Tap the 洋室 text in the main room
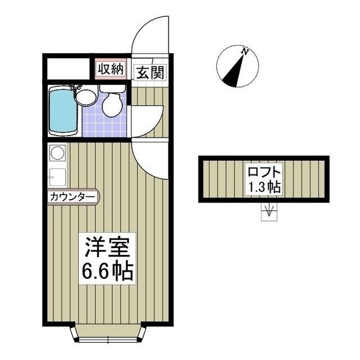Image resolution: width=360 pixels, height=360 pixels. (x=108, y=248)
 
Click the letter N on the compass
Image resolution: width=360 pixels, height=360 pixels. (x=245, y=52)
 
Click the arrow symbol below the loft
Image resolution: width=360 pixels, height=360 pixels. (x=269, y=212)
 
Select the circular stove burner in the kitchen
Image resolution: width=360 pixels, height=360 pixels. (x=57, y=152)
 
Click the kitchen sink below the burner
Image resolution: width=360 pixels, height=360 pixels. (x=57, y=175)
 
